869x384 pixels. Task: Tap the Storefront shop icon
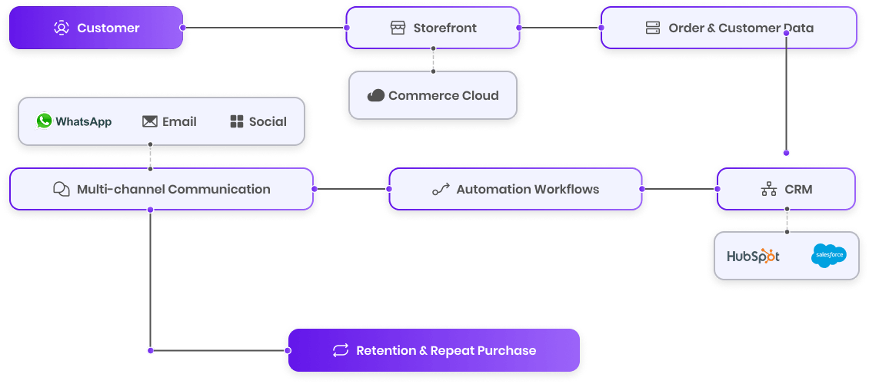pos(398,28)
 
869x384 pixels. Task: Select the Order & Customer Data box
pos(728,28)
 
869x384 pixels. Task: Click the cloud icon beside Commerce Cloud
pos(376,95)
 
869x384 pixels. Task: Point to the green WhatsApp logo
pos(45,121)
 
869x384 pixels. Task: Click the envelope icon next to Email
pos(150,121)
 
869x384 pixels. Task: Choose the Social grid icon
pos(236,121)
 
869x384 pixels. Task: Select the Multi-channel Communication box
pos(161,189)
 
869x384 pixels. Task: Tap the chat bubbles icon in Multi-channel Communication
pos(62,189)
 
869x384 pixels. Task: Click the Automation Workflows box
pos(515,189)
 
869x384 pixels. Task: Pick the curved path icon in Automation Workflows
pos(441,189)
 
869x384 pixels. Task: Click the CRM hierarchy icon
pos(768,189)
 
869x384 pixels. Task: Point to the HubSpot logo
pos(753,256)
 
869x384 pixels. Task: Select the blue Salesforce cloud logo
pos(828,255)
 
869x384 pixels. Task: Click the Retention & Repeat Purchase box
pos(434,350)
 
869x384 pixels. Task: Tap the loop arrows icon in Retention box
pos(341,350)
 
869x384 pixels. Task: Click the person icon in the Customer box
pos(62,28)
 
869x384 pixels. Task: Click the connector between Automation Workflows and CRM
pos(680,189)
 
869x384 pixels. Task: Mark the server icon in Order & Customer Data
pos(653,28)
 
